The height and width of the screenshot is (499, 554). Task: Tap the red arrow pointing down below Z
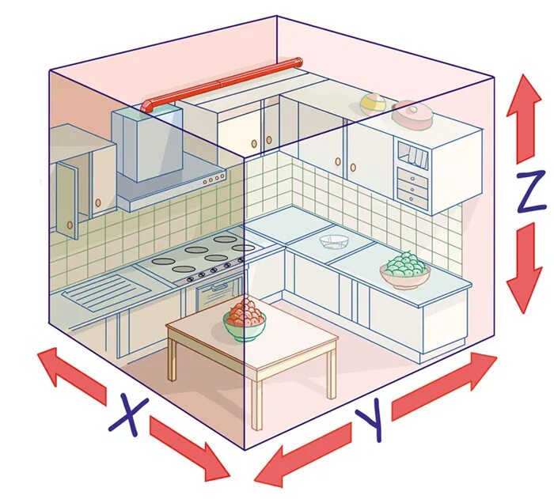[523, 268]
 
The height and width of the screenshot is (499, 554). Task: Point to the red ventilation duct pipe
[222, 83]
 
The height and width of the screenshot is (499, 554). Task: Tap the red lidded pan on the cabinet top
[413, 115]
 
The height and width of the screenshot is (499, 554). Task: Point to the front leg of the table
[255, 403]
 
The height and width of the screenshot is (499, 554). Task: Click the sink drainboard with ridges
[95, 292]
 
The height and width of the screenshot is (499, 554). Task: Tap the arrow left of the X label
[71, 372]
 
